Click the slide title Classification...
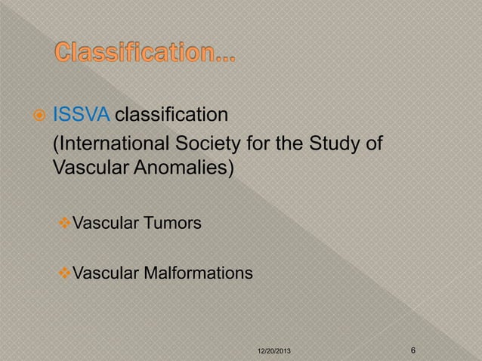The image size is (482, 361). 144,55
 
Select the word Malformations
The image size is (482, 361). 196,270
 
